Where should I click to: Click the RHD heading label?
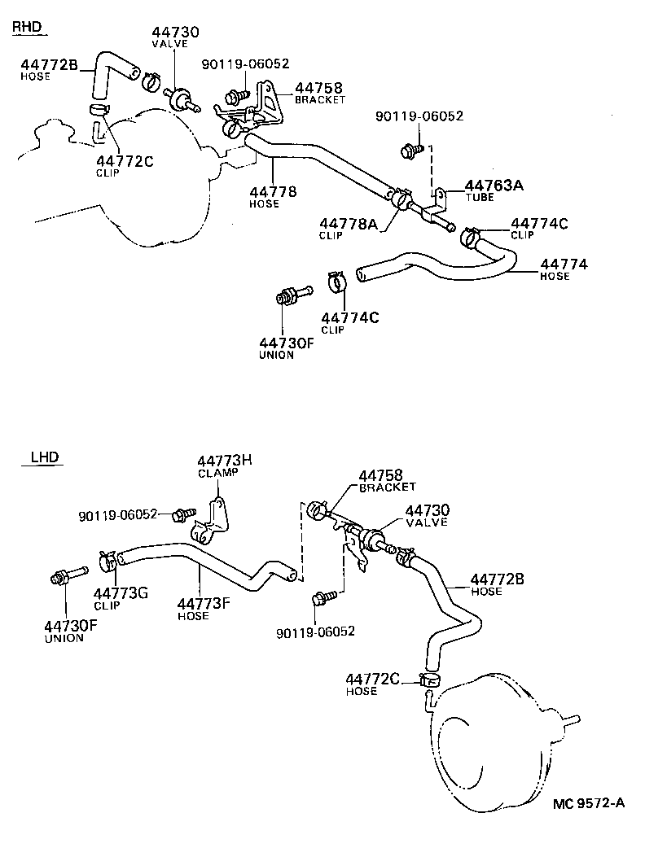[26, 28]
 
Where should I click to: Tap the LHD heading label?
[45, 457]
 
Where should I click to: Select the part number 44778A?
[349, 224]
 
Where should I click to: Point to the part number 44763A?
[494, 186]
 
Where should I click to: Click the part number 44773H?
[225, 461]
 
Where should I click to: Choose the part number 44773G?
[121, 592]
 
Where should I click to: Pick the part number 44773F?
[204, 604]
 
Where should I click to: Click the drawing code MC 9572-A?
[589, 804]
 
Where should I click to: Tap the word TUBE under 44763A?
[480, 198]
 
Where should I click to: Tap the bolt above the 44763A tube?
[411, 150]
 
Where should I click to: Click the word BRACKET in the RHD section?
[320, 100]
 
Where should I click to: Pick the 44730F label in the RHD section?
[287, 343]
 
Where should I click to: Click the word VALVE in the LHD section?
[428, 522]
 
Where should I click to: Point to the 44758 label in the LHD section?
[381, 474]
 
